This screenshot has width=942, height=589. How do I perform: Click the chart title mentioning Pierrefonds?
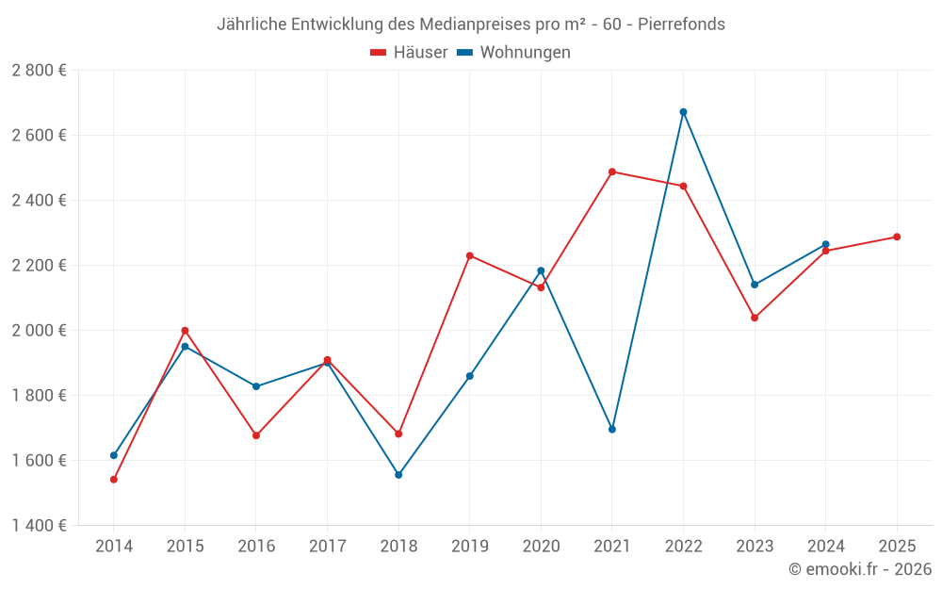(471, 25)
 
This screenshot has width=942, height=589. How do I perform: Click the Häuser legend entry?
(409, 53)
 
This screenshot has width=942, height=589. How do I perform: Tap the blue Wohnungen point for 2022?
(683, 112)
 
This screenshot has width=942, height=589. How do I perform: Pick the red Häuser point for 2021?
(612, 172)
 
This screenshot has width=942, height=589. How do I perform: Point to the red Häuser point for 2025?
(897, 237)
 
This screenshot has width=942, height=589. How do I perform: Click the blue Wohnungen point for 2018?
(398, 475)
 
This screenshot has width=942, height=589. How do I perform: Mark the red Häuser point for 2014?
(114, 480)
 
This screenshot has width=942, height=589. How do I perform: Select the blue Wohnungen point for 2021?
(612, 429)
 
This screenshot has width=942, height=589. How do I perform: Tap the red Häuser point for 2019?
(470, 255)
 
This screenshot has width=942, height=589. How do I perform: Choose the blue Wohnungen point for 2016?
(256, 386)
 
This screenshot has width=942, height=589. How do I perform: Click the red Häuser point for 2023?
(755, 318)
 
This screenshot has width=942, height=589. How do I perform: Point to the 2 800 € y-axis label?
(39, 71)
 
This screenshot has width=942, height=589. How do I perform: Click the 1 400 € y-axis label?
(39, 526)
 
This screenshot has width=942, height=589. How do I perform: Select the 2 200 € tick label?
(39, 266)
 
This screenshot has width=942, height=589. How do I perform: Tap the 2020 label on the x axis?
(541, 547)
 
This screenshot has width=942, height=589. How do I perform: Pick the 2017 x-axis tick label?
(327, 547)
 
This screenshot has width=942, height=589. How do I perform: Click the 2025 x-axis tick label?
(897, 547)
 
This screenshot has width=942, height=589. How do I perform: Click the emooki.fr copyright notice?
(859, 569)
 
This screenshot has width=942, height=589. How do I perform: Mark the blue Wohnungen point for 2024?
(825, 245)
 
